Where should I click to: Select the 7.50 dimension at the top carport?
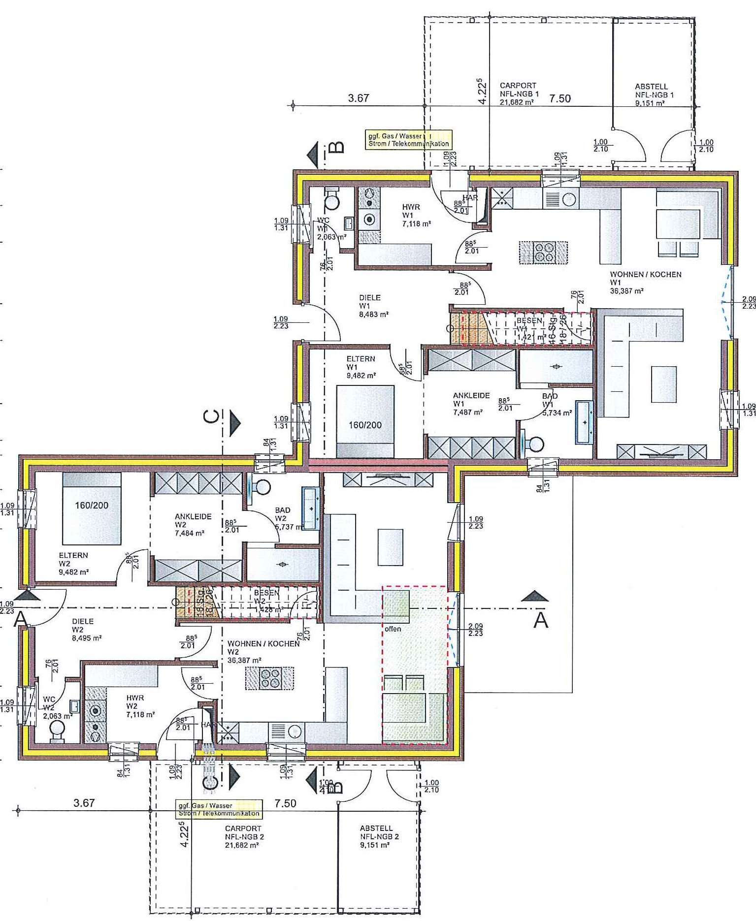(560, 98)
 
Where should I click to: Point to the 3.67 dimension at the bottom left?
(83, 803)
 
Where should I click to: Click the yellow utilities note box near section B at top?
(408, 140)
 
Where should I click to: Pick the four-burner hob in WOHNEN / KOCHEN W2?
(269, 678)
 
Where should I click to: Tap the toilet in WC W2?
(58, 730)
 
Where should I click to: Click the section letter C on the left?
(211, 416)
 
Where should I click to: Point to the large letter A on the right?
(541, 620)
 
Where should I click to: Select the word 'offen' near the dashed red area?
(393, 629)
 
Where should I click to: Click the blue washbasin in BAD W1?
(585, 422)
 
